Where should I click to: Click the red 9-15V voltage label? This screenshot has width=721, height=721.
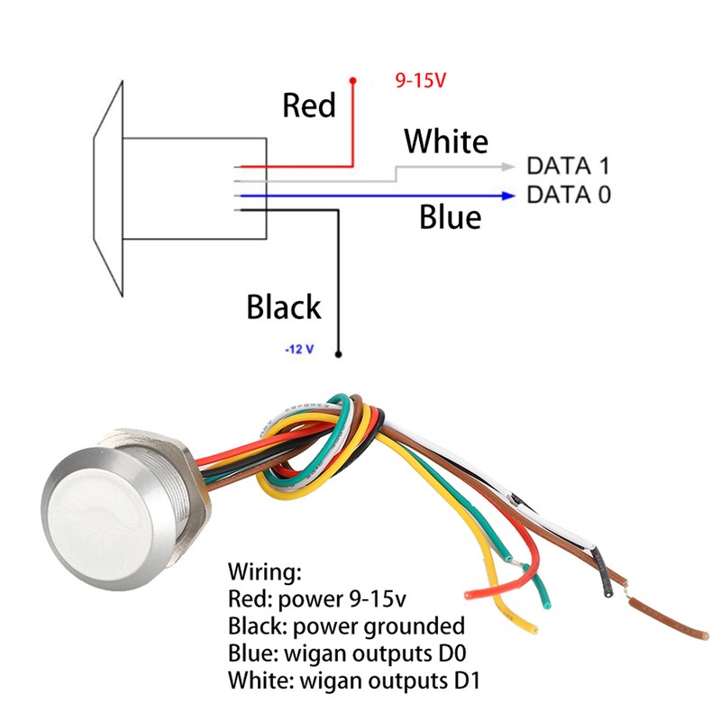(421, 80)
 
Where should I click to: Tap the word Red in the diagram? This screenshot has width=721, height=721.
(309, 105)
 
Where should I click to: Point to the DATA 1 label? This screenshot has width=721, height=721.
(569, 166)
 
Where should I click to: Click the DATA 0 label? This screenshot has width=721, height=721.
(569, 195)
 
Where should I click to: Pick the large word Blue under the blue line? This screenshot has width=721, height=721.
(450, 216)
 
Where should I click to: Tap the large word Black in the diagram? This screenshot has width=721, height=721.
(284, 306)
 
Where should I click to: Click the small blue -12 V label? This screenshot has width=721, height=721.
(299, 350)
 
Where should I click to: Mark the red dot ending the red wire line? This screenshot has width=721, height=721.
(352, 81)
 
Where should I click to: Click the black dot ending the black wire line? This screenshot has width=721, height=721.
(339, 354)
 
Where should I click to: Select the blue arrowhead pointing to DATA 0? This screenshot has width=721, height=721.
(508, 196)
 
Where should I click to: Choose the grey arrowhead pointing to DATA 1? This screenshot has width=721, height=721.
(508, 167)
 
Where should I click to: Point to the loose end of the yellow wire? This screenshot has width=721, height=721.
(534, 629)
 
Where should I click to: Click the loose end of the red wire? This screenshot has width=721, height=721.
(469, 596)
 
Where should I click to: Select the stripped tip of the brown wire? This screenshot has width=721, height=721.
(705, 635)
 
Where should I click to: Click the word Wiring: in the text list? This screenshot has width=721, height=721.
(265, 572)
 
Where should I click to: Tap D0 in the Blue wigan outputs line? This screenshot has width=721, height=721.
(452, 653)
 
